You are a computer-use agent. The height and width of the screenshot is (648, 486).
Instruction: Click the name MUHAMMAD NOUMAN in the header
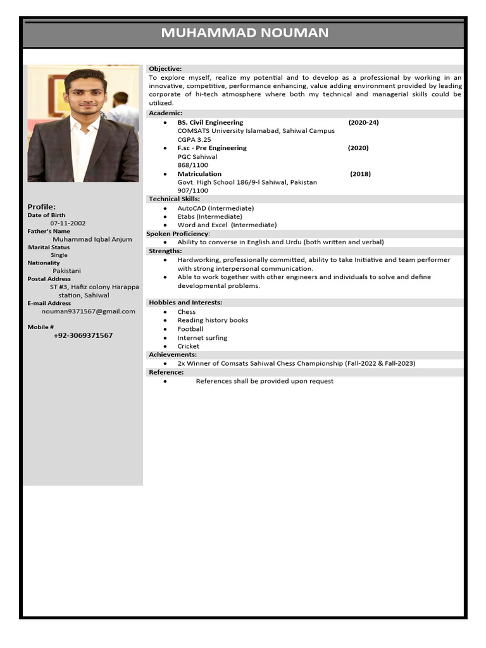pos(244,33)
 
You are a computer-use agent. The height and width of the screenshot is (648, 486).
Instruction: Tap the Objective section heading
pos(165,68)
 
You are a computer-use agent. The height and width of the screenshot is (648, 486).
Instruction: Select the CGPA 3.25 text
pos(194,139)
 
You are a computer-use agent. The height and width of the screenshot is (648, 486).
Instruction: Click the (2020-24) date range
pos(363,122)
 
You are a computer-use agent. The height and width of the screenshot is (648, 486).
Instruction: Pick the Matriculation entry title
pos(199,173)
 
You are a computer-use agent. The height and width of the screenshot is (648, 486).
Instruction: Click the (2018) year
pos(360,173)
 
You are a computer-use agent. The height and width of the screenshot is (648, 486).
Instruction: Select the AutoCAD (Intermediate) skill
pos(215,208)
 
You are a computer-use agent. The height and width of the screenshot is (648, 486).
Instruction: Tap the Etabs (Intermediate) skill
pos(209,216)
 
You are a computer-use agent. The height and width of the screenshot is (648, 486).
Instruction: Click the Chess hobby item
pos(187,311)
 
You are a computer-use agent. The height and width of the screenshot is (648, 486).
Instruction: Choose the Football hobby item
pos(190,329)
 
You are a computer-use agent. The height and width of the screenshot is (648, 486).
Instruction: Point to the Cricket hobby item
pos(188,346)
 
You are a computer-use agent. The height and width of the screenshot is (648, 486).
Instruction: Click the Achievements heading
pos(173,354)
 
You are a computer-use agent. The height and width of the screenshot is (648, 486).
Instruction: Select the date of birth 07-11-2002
pos(68,223)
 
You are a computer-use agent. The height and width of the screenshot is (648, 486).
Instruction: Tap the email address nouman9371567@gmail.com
pos(88,311)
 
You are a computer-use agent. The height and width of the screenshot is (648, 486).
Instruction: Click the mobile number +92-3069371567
pos(83,335)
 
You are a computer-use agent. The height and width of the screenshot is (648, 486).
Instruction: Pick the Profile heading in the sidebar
pos(42,206)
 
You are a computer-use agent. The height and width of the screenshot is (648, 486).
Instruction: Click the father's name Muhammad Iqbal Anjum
pos(92,239)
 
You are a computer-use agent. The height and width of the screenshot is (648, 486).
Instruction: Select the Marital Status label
pos(49,247)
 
